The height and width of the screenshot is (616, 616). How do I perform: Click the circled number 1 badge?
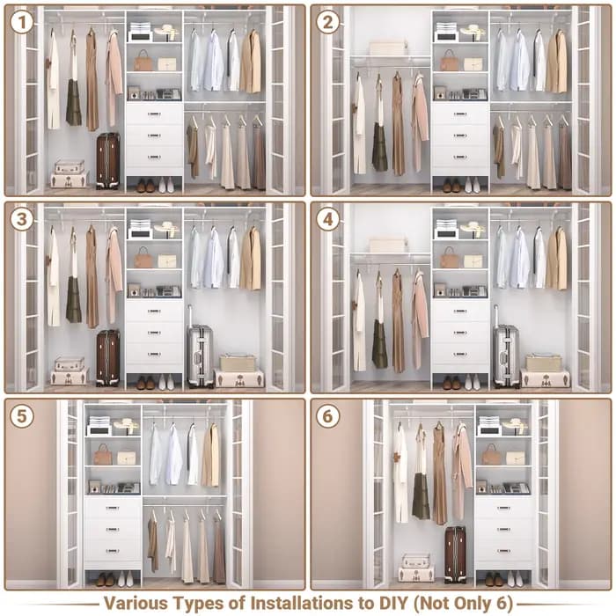(x=22, y=22)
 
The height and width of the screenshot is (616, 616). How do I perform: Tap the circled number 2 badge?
(x=327, y=22)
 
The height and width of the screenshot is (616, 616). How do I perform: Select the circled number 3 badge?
(x=22, y=219)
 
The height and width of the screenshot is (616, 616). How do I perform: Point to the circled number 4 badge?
(x=327, y=219)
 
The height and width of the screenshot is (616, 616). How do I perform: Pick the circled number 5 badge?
(x=22, y=416)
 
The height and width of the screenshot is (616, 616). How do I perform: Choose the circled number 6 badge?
(x=327, y=416)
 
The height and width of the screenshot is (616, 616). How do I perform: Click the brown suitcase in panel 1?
(x=108, y=161)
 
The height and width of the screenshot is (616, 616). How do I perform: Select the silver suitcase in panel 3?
(x=200, y=352)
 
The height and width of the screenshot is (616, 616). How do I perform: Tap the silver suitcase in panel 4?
(x=506, y=352)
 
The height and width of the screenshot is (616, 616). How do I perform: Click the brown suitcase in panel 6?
(x=456, y=554)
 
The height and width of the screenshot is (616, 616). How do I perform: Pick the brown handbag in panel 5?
(x=103, y=455)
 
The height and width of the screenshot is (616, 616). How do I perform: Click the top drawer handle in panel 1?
(x=154, y=114)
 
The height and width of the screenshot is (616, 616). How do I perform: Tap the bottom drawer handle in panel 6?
(x=503, y=551)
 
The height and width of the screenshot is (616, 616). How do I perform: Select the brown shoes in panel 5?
(x=106, y=579)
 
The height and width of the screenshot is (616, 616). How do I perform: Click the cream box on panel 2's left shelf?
(x=387, y=48)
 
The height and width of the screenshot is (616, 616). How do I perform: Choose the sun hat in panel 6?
(x=515, y=425)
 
